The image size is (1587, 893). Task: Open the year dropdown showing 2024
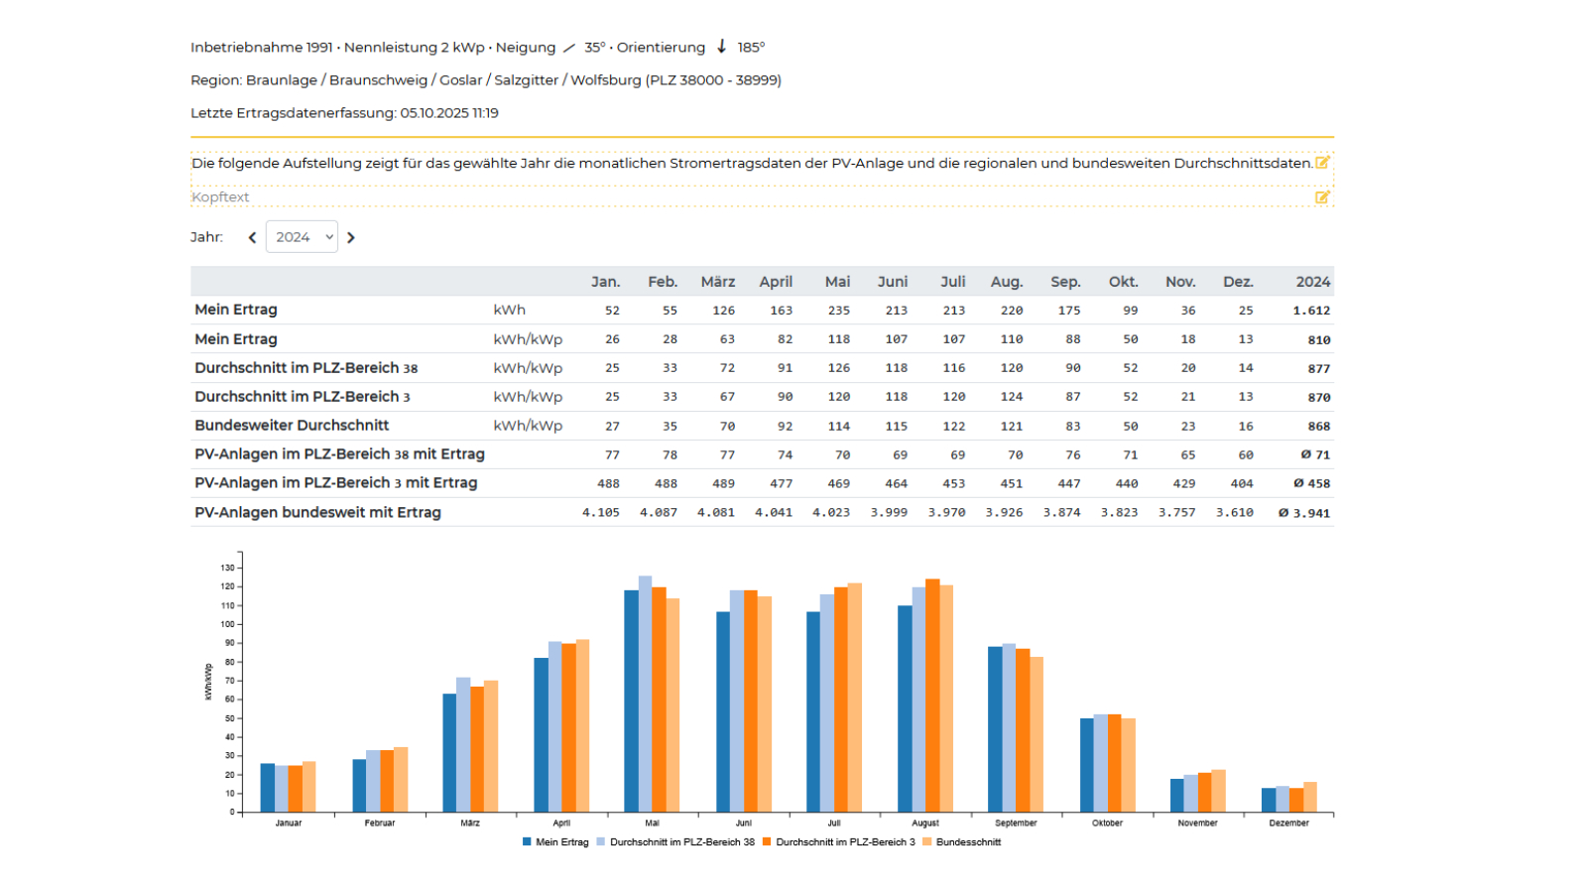(302, 237)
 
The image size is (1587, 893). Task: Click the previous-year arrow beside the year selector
(252, 238)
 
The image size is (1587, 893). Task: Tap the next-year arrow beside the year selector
(351, 238)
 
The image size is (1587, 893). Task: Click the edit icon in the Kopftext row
(1322, 197)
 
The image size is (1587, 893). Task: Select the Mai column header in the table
(837, 282)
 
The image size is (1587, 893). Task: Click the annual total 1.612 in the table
(1311, 311)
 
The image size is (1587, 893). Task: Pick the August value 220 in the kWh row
(1011, 311)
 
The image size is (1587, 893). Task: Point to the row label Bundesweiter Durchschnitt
(292, 426)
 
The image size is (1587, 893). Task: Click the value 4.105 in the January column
(601, 513)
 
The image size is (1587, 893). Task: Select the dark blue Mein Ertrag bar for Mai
(632, 701)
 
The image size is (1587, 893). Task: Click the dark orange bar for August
(932, 696)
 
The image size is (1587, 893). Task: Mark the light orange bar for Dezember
(1310, 797)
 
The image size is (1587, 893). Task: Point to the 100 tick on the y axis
(228, 624)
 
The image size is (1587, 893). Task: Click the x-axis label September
(1016, 824)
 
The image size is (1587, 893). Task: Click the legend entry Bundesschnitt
(967, 842)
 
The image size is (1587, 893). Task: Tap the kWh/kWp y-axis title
(208, 682)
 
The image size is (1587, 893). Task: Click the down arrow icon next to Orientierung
(722, 47)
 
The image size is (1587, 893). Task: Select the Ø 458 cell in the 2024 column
(1311, 484)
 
